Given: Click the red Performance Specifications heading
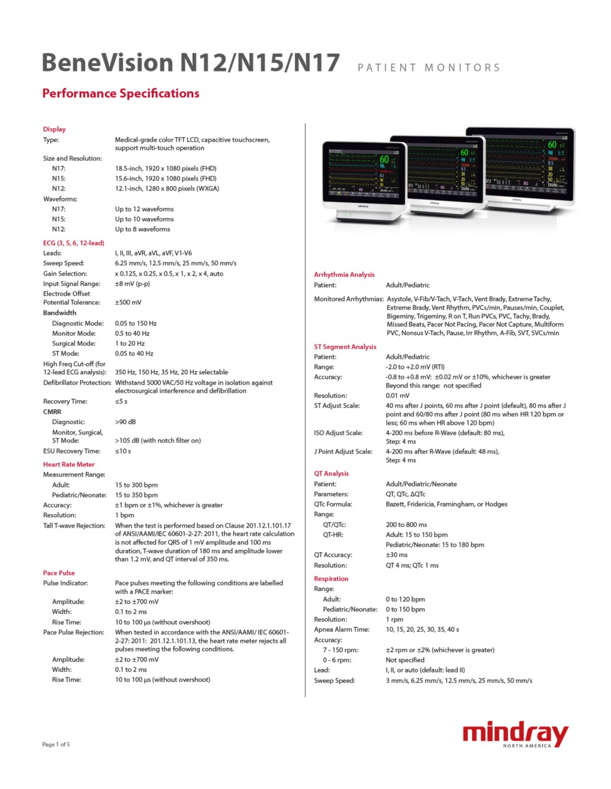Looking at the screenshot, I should click(120, 94).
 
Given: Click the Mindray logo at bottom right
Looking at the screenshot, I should click(515, 735).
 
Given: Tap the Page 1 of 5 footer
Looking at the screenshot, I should click(56, 745).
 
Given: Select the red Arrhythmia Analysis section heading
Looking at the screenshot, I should click(344, 275).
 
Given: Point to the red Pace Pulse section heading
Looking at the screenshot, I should click(59, 573).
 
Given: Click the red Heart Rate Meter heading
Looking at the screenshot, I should click(69, 465).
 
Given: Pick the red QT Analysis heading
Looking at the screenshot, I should click(331, 474).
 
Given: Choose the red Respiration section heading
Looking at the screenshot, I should click(331, 579).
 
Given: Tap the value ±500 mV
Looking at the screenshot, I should click(128, 303).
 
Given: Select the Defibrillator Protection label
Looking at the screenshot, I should click(77, 383).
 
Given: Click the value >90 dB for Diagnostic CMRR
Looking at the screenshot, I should click(125, 422).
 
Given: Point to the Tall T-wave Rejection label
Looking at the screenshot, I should click(74, 526).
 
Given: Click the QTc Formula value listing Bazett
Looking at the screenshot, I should click(446, 504).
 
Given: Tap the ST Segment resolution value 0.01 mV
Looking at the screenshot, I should click(397, 396).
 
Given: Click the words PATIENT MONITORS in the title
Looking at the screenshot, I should click(429, 68).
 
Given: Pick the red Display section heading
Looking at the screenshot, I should click(54, 129).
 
